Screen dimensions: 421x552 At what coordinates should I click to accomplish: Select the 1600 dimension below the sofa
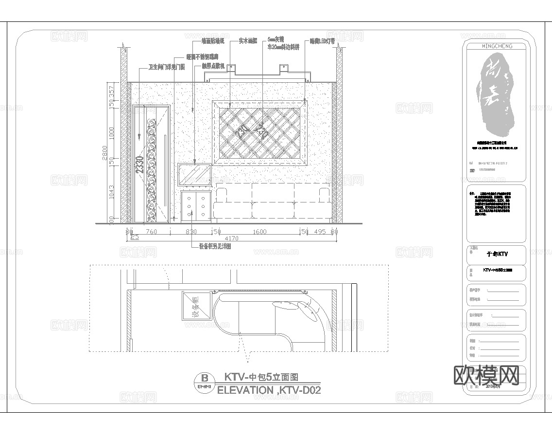coord(260,232)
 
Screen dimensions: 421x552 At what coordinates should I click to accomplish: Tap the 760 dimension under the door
coord(151,232)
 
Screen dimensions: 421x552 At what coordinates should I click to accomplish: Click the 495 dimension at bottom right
coord(319,232)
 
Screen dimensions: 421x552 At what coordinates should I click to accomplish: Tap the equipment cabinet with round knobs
coord(195,207)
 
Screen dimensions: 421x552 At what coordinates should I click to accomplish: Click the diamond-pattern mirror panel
coord(259,131)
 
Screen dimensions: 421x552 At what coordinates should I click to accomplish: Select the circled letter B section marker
coord(205,378)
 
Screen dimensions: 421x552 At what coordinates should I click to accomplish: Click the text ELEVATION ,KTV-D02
coord(269,390)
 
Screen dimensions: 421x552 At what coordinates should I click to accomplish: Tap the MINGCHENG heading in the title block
coord(496,46)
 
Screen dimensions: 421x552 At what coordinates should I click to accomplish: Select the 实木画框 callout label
coord(248,41)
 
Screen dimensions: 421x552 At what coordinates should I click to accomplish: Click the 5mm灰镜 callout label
coord(276,39)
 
